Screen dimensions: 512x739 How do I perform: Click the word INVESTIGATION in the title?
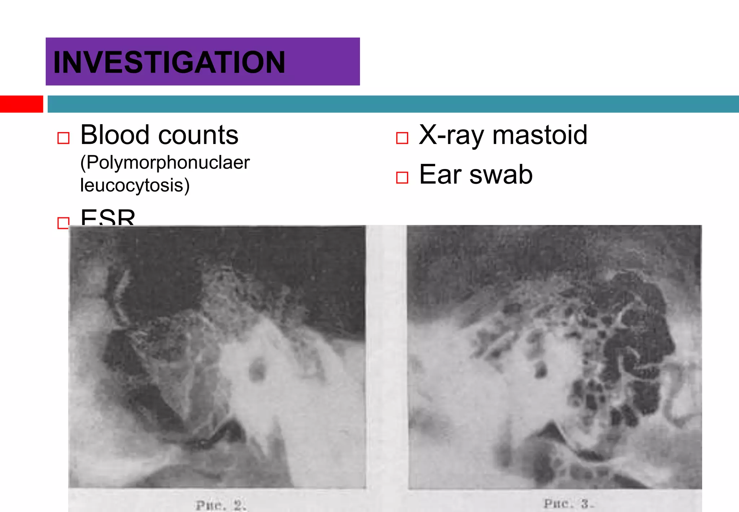(169, 62)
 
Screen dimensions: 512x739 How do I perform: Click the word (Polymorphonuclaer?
(165, 163)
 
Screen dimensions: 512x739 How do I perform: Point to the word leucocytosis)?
(135, 185)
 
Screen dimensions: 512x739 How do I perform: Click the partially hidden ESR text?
(108, 218)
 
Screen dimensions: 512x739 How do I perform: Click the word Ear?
(440, 174)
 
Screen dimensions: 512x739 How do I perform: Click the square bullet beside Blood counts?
(64, 138)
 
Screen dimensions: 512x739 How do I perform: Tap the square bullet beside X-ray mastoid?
(402, 138)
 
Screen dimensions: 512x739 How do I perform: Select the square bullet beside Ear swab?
(402, 178)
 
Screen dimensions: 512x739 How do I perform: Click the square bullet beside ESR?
(63, 223)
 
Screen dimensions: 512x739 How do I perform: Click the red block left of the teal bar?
(21, 104)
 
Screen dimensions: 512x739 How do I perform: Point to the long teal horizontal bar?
(393, 104)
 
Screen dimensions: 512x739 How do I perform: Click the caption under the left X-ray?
(221, 505)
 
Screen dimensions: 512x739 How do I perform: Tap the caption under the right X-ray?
(568, 503)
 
